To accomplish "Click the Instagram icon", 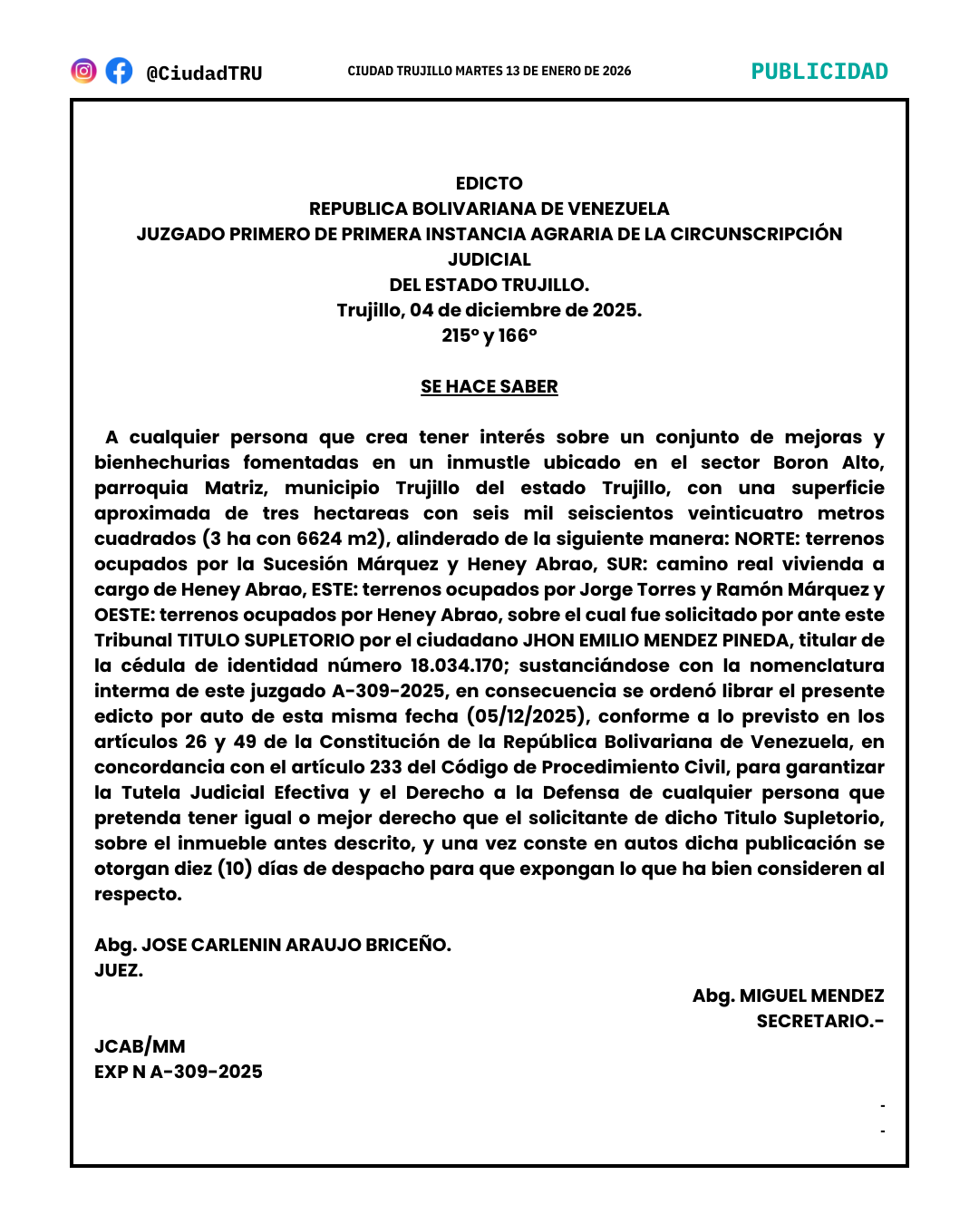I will point(83,71).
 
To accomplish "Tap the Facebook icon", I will point(119,71).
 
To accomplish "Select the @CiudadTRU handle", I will point(204,73).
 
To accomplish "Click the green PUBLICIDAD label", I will point(819,72).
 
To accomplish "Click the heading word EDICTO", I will point(489,183).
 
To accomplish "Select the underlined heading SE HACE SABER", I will point(489,386).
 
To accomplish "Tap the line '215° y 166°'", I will point(489,335).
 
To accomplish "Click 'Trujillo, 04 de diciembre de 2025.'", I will point(489,310).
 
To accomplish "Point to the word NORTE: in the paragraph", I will point(766,539).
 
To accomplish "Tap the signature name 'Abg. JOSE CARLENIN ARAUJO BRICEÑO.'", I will point(273,945).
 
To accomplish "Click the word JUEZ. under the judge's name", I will point(119,970).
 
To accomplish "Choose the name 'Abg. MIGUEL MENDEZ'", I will point(788,996).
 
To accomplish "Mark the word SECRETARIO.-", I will point(819,1021).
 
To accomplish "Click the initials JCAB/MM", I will point(140,1046).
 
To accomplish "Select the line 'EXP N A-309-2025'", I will point(179,1072).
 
